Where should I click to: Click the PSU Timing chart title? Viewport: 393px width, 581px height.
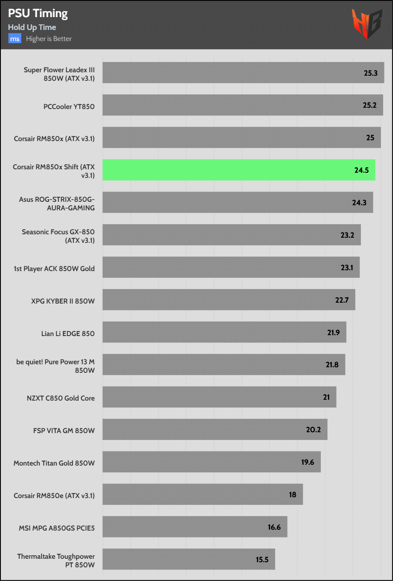38,14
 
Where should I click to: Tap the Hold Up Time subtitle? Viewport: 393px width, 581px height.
32,27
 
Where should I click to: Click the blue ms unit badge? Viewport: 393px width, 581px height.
15,39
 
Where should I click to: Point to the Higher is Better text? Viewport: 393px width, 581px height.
49,39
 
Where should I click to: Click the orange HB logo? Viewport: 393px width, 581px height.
366,24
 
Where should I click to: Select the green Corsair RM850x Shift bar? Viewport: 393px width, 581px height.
238,170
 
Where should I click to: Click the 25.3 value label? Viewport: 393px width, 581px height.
371,73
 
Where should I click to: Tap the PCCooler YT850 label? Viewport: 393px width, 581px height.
69,106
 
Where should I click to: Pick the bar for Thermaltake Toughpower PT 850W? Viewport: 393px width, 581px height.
188,559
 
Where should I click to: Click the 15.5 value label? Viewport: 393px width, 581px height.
262,559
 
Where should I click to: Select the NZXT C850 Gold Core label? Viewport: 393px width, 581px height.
61,398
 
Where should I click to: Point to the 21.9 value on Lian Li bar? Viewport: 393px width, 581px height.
333,332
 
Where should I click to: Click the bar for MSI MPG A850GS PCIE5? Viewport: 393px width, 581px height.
194,527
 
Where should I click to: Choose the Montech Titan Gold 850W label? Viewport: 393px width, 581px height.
54,463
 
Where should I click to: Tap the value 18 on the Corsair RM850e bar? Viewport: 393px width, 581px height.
292,494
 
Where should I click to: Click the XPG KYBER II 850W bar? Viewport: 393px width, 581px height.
229,300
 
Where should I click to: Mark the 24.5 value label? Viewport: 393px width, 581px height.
361,170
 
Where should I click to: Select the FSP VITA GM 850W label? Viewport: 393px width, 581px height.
64,431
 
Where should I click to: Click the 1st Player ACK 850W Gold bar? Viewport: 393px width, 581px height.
231,267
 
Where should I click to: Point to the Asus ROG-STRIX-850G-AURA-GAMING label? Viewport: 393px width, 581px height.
57,203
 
